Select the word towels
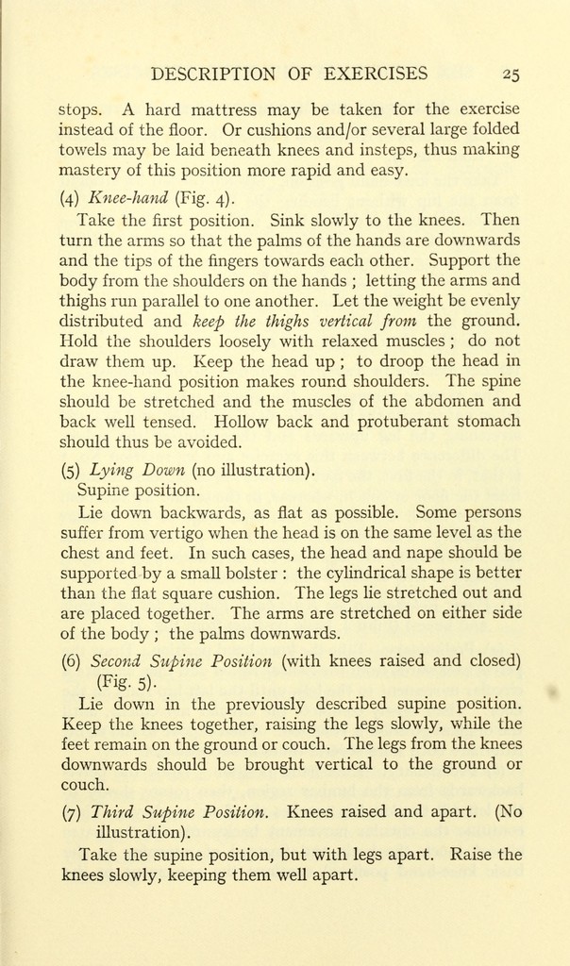(x=85, y=149)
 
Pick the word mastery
(x=90, y=171)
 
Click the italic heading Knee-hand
(x=127, y=198)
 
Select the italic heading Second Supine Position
(x=180, y=660)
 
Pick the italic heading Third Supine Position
(x=179, y=811)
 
